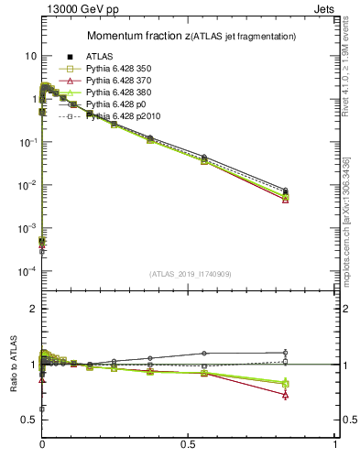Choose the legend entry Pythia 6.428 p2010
(117, 116)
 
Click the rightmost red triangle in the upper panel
(286, 199)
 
